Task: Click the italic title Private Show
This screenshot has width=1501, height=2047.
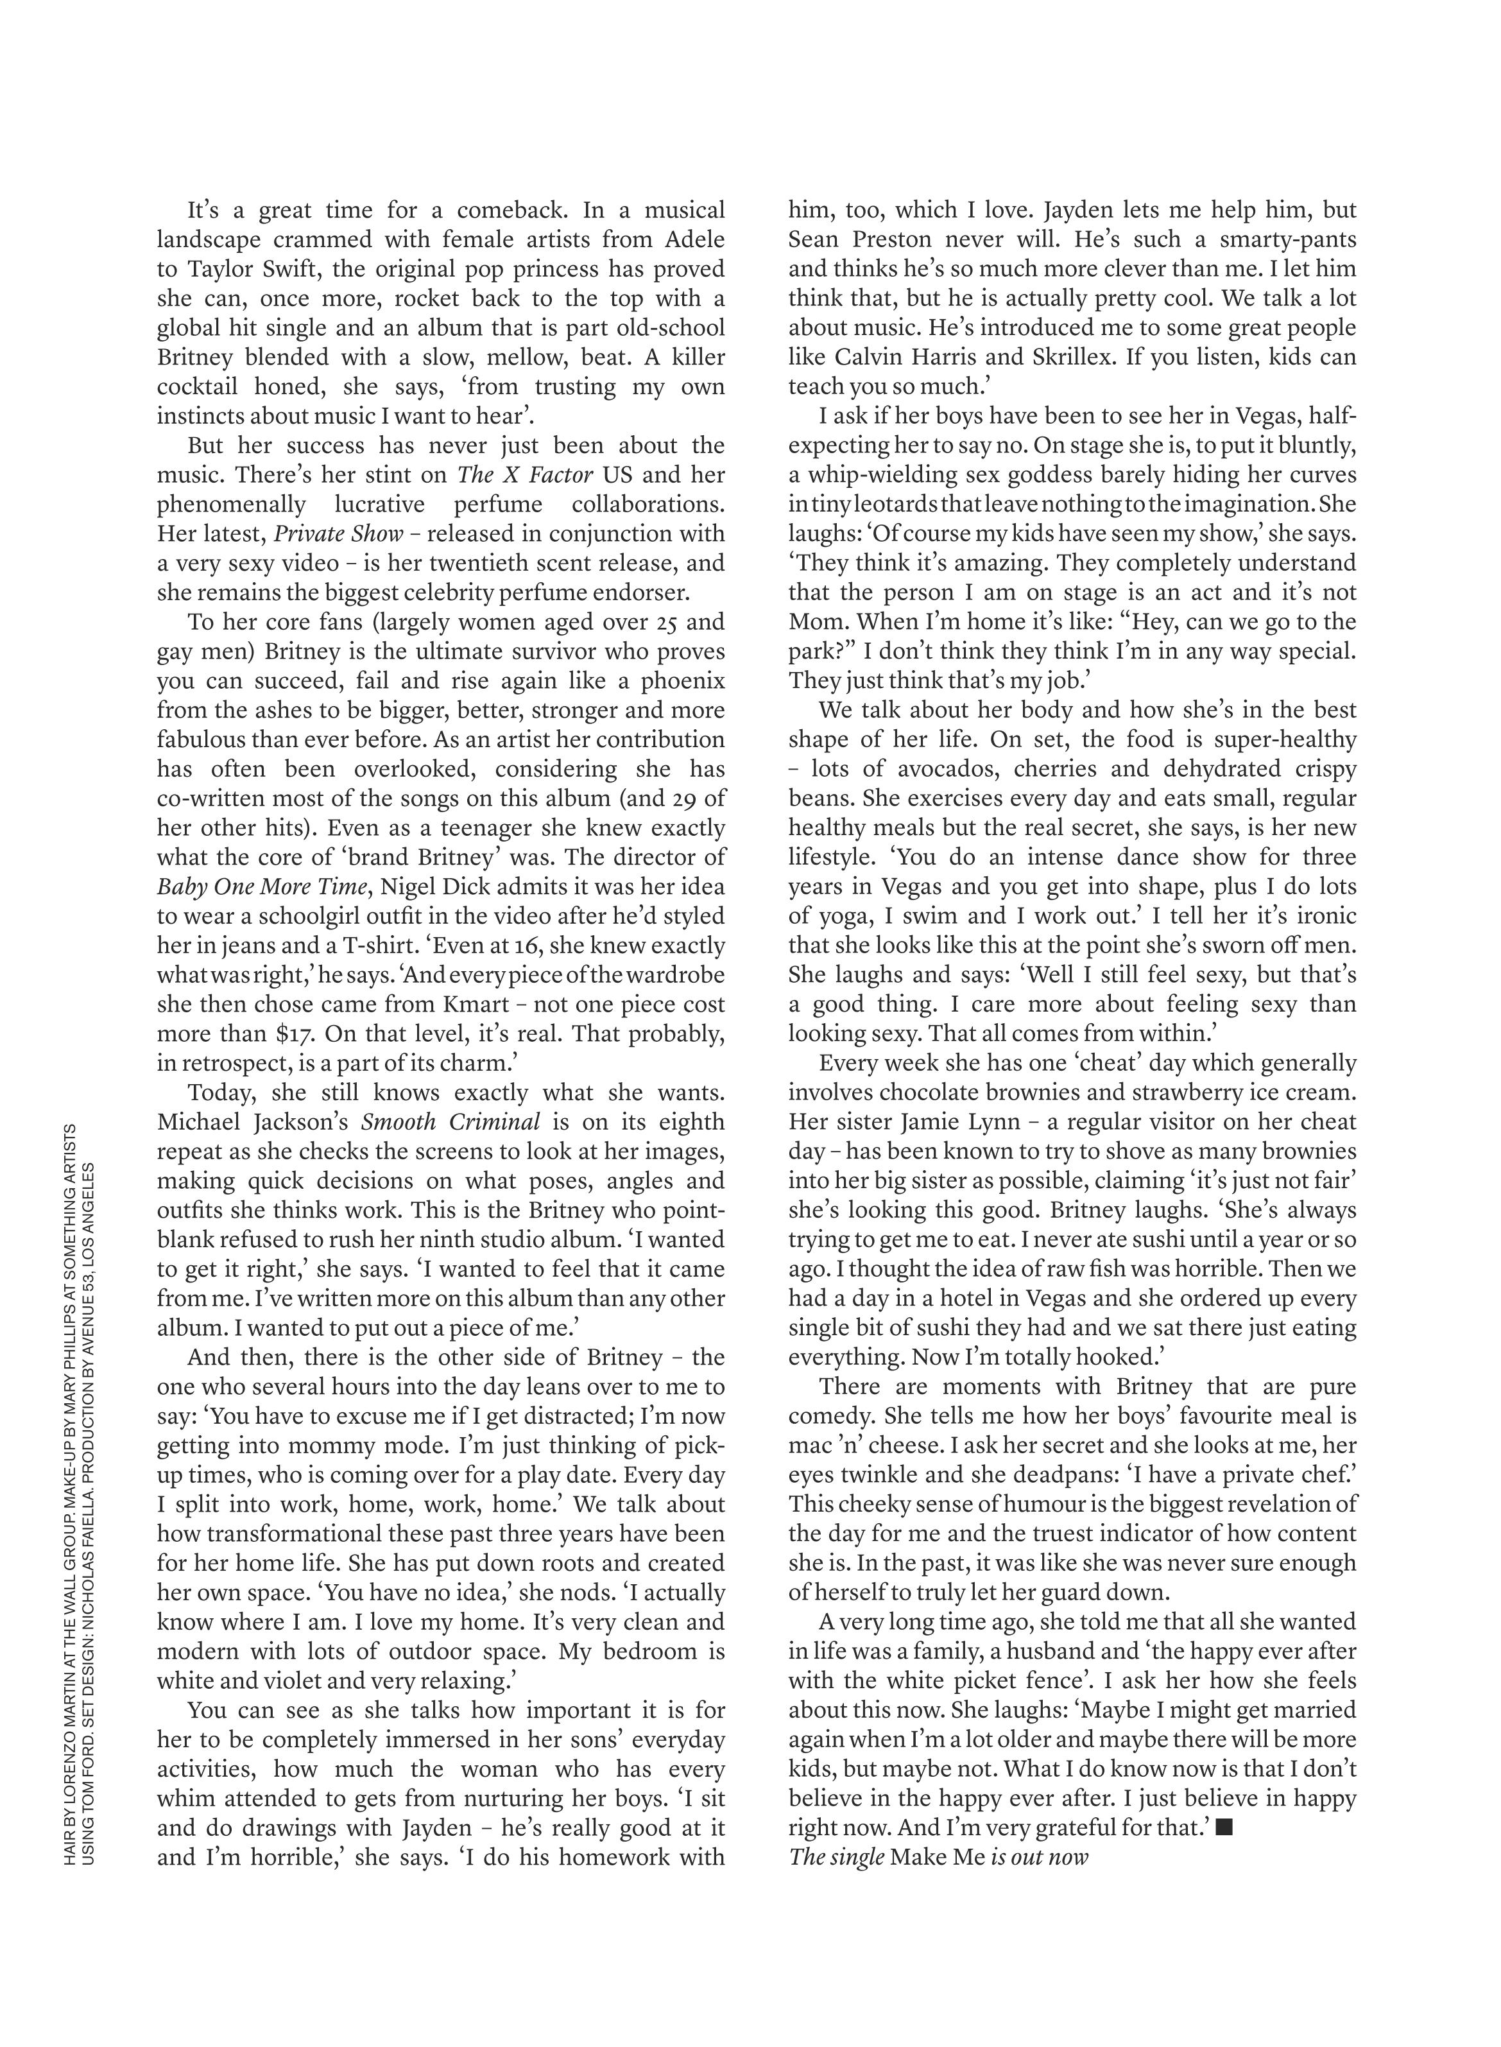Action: pyautogui.click(x=338, y=533)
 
